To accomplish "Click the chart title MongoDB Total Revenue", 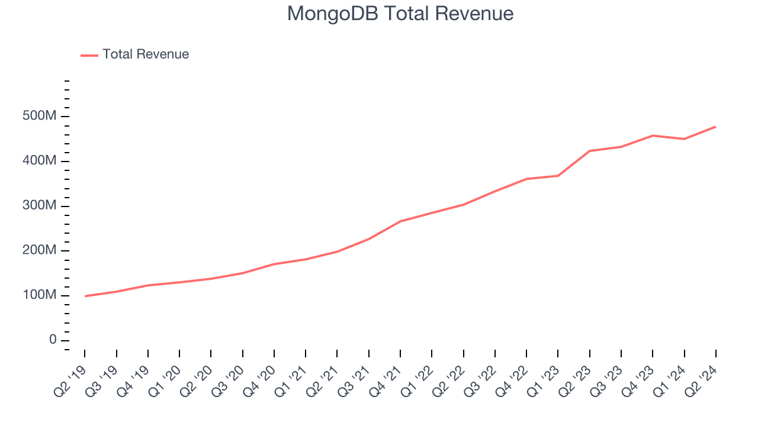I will click(x=400, y=13).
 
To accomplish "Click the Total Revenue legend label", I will click(x=146, y=54).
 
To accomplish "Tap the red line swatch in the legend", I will click(x=89, y=55).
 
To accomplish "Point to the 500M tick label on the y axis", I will click(x=40, y=117).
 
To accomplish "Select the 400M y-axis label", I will click(x=40, y=162).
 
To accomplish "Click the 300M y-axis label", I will click(x=40, y=206).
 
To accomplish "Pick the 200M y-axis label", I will click(x=40, y=251).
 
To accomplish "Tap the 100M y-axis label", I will click(x=40, y=295).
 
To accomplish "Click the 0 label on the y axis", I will click(x=52, y=340).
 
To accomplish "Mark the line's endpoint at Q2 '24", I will click(x=715, y=127).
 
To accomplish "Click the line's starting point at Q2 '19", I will click(x=85, y=296).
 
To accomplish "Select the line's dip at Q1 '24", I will click(x=684, y=139).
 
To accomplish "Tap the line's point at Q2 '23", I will click(x=590, y=151).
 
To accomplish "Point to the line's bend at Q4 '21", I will click(x=401, y=221).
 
